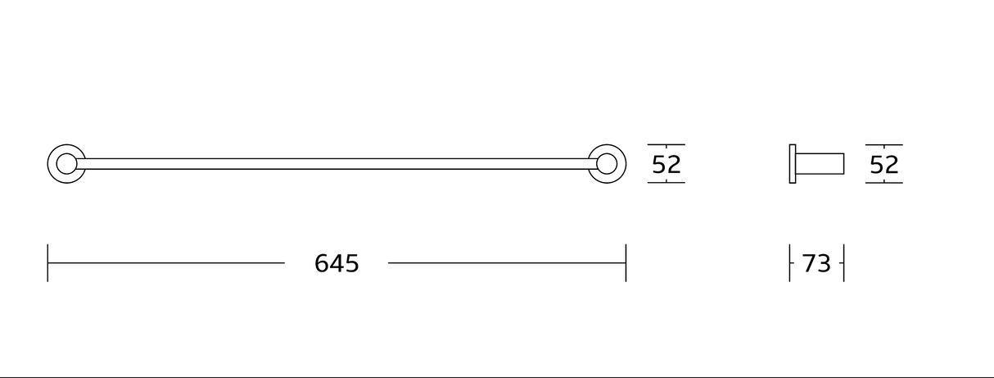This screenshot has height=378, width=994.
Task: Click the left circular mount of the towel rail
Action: tap(66, 164)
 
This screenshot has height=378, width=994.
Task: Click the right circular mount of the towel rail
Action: tap(607, 164)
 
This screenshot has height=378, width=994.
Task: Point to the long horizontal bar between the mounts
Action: tap(336, 164)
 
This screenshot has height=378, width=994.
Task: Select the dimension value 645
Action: tap(337, 263)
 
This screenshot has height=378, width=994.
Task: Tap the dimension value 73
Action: tap(816, 263)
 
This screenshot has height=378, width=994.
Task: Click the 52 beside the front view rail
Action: tap(666, 165)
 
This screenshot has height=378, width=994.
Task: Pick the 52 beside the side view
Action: tap(884, 165)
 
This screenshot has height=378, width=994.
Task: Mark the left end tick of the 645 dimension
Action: tap(47, 262)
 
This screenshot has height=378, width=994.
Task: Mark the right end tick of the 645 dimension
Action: tap(626, 262)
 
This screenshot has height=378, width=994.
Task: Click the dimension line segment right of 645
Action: tap(507, 263)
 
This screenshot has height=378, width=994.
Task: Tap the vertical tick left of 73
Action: tap(790, 262)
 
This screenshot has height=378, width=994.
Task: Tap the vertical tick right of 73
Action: tap(843, 262)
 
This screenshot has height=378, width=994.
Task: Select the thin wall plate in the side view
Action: tap(793, 164)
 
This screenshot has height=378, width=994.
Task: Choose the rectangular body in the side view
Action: tap(820, 164)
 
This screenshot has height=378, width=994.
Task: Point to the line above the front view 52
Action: tap(666, 145)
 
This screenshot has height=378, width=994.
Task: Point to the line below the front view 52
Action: tap(666, 182)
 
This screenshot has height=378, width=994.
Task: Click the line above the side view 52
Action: tap(884, 145)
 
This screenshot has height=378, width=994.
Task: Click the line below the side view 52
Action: tap(884, 182)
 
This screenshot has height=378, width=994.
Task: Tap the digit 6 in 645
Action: tap(322, 263)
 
